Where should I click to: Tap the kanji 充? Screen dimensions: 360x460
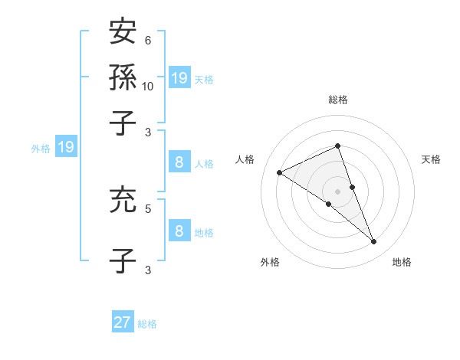(x=123, y=200)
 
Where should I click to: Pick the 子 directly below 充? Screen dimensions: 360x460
(x=123, y=260)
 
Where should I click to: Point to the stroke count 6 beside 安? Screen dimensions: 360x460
(x=147, y=40)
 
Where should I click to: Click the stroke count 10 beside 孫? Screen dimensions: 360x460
(x=148, y=86)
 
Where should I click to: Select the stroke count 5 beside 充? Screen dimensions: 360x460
(x=147, y=208)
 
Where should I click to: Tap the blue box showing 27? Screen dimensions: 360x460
(x=123, y=322)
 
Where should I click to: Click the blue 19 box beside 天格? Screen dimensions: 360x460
(x=179, y=77)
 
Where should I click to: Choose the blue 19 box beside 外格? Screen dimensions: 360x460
(x=66, y=148)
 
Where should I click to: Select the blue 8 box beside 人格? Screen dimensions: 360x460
(x=179, y=162)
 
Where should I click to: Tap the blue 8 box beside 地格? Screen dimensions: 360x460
(x=179, y=231)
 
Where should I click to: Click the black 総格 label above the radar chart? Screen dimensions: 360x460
(x=337, y=100)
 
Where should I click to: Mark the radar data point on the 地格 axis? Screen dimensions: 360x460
(x=374, y=242)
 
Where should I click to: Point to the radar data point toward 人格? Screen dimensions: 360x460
(x=279, y=172)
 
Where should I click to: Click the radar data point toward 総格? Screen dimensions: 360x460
(x=337, y=146)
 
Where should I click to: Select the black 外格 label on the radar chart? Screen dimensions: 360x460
(x=270, y=262)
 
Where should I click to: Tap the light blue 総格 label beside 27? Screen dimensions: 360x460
(x=147, y=324)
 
